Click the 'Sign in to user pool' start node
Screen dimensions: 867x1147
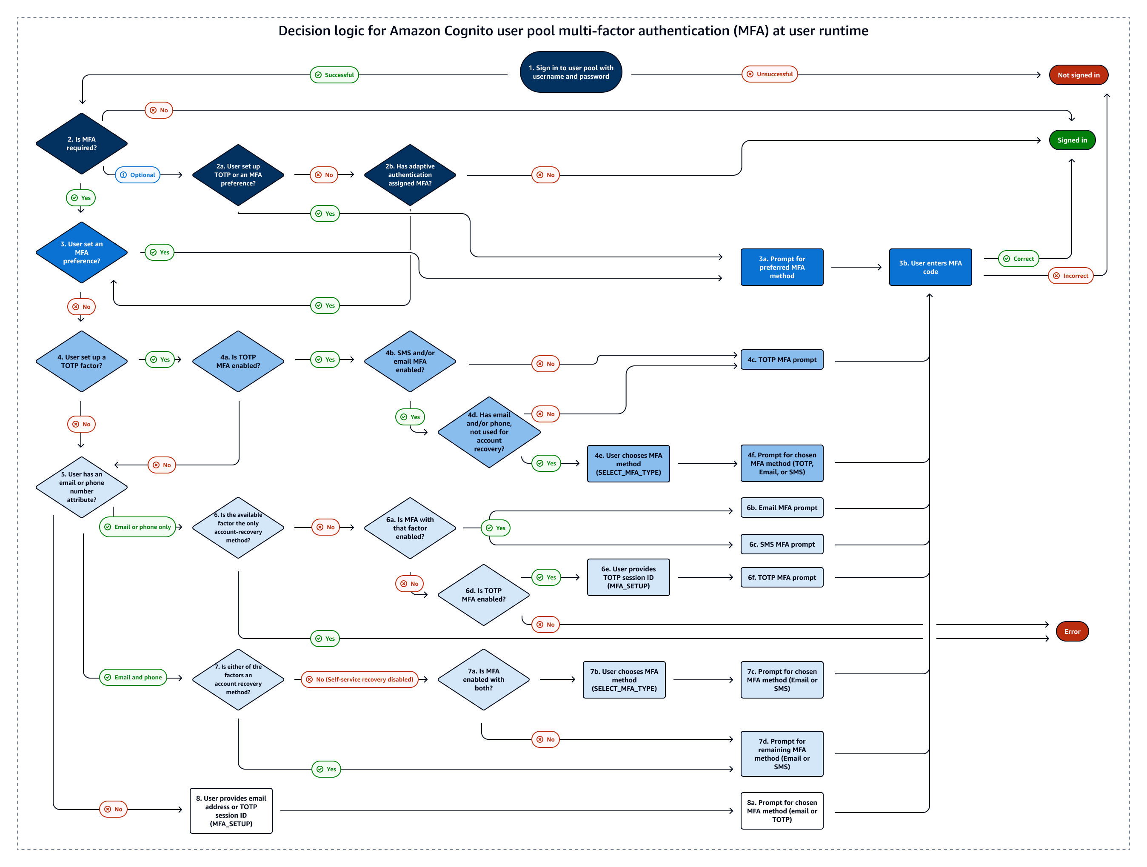pyautogui.click(x=571, y=72)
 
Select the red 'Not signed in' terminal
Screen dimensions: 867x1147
pyautogui.click(x=1078, y=75)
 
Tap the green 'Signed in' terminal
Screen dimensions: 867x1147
pyautogui.click(x=1072, y=140)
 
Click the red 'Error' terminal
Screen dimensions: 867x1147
pyautogui.click(x=1072, y=632)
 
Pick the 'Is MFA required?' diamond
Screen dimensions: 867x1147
pyautogui.click(x=81, y=144)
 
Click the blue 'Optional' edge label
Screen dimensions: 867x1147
pyautogui.click(x=137, y=175)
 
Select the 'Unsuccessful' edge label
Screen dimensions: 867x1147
pyautogui.click(x=770, y=74)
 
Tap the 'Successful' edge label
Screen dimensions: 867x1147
pyautogui.click(x=334, y=75)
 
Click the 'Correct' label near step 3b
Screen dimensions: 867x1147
pyautogui.click(x=1019, y=259)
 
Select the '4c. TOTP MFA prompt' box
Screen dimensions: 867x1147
pyautogui.click(x=782, y=359)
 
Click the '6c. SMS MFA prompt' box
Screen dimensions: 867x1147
pyautogui.click(x=782, y=545)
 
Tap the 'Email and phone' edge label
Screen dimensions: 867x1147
pyautogui.click(x=133, y=677)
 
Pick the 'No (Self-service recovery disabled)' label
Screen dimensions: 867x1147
pyautogui.click(x=360, y=679)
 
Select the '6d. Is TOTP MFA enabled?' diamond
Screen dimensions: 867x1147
pyautogui.click(x=483, y=595)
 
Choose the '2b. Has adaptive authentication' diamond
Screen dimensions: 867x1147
pyautogui.click(x=410, y=175)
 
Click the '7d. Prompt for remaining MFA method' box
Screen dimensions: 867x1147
pyautogui.click(x=782, y=754)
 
